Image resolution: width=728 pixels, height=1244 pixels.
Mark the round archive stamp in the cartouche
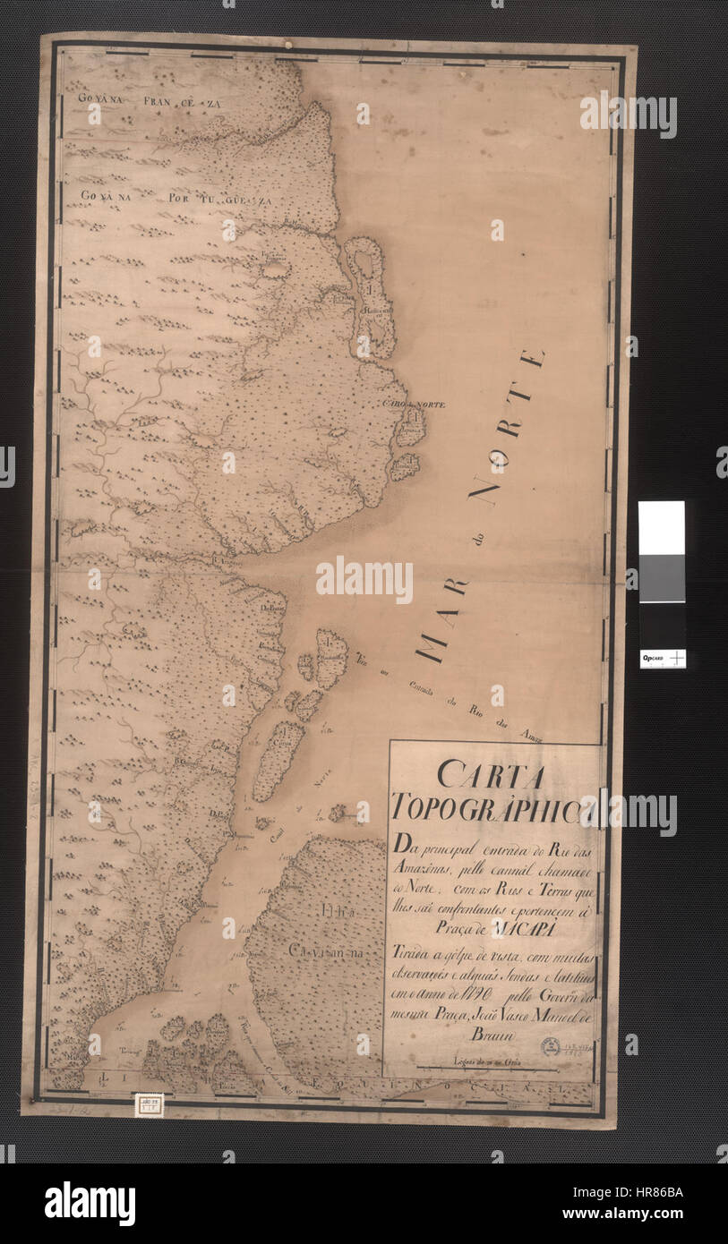pyautogui.click(x=551, y=1045)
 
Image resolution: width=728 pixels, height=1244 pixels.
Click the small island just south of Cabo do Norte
pyautogui.click(x=405, y=465)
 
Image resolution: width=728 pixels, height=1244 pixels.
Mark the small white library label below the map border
pyautogui.click(x=149, y=1104)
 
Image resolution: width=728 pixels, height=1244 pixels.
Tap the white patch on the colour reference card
pyautogui.click(x=662, y=528)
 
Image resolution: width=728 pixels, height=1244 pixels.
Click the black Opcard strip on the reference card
pyautogui.click(x=663, y=658)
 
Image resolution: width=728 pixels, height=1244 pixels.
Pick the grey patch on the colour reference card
pyautogui.click(x=662, y=578)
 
